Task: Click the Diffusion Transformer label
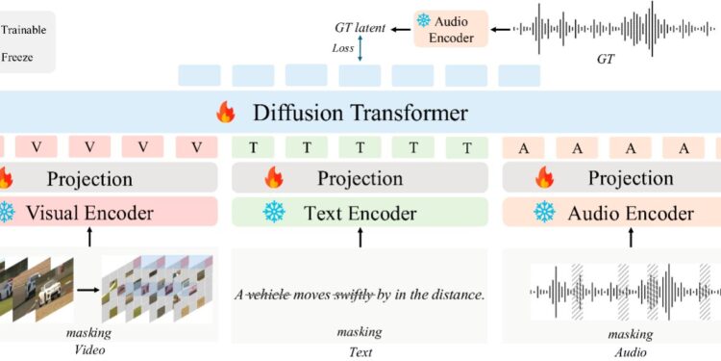click(x=360, y=114)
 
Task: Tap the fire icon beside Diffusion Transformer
click(x=225, y=114)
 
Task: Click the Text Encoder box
click(x=360, y=213)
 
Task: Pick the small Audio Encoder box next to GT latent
click(x=450, y=28)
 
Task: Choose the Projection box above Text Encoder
click(x=360, y=179)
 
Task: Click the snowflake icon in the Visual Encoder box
click(x=8, y=213)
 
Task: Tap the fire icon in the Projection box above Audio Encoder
click(x=546, y=179)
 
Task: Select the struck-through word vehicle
click(x=274, y=296)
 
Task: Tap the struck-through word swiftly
click(x=358, y=296)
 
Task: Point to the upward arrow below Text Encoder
click(x=360, y=238)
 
